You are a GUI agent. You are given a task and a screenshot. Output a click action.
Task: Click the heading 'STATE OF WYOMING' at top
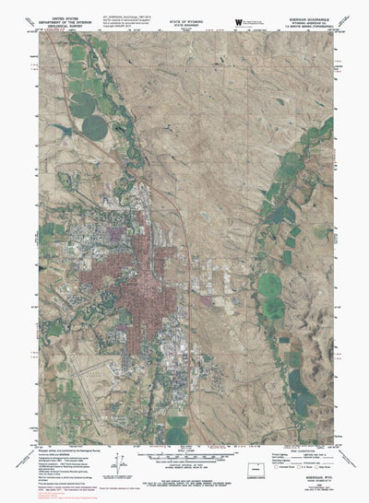point(187,6)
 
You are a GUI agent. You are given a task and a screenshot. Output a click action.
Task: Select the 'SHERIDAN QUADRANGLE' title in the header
point(317,6)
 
